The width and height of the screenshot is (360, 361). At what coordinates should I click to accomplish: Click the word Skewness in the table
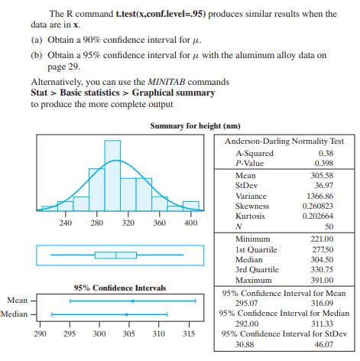pyautogui.click(x=253, y=207)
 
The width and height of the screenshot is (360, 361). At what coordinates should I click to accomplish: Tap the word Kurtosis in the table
pyautogui.click(x=251, y=216)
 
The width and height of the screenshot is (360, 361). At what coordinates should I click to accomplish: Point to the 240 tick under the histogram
pyautogui.click(x=66, y=223)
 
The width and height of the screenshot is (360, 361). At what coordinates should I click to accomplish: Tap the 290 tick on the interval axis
pyautogui.click(x=41, y=334)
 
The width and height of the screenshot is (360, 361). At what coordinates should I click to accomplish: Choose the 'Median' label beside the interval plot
pyautogui.click(x=15, y=314)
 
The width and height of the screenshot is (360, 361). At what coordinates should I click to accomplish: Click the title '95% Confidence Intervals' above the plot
pyautogui.click(x=119, y=288)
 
